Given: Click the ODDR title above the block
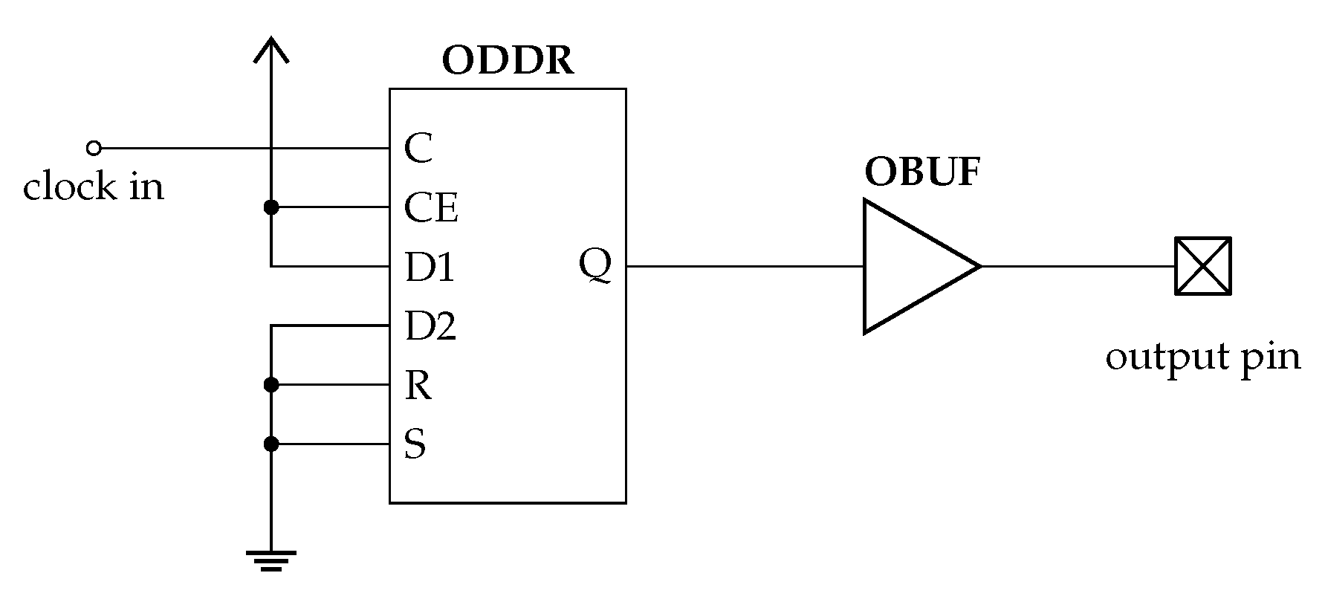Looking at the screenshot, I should [x=508, y=61].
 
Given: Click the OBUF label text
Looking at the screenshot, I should [x=922, y=172].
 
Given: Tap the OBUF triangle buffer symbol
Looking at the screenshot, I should [x=910, y=266].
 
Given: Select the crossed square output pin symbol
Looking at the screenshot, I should [x=1202, y=266].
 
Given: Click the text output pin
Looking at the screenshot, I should [x=1202, y=357].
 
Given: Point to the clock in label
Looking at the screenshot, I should [x=93, y=187].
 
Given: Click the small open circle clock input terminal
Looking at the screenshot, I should [x=94, y=148].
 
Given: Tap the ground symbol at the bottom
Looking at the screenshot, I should [x=271, y=560].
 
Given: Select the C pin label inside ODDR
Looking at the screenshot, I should [x=418, y=148].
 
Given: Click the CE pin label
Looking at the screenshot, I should [x=430, y=207].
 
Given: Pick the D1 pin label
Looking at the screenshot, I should [x=430, y=267].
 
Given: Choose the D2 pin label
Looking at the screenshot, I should [x=430, y=326].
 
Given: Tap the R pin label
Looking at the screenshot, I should [x=418, y=385].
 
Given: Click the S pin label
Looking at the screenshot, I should [x=415, y=444].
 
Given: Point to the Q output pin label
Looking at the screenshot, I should [x=595, y=265].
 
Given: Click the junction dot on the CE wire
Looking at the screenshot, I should [x=271, y=207].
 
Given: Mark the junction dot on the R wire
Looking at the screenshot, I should [x=271, y=385].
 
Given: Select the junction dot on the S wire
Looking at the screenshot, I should [x=271, y=444].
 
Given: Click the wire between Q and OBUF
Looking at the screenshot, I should [x=743, y=266].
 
